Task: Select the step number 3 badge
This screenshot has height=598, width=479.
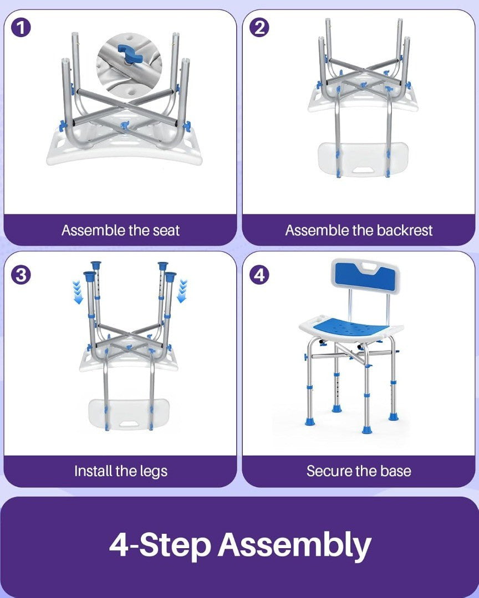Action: (21, 275)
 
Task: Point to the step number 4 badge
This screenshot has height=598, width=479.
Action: (259, 275)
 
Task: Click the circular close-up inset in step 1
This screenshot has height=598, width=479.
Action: (129, 65)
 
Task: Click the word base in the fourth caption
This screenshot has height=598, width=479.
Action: (395, 471)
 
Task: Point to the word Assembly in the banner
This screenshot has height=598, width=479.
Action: (294, 545)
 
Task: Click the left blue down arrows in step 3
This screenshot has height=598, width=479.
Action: (78, 292)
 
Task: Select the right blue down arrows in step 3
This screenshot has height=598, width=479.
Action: (182, 291)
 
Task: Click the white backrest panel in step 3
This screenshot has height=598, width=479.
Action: (129, 414)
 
